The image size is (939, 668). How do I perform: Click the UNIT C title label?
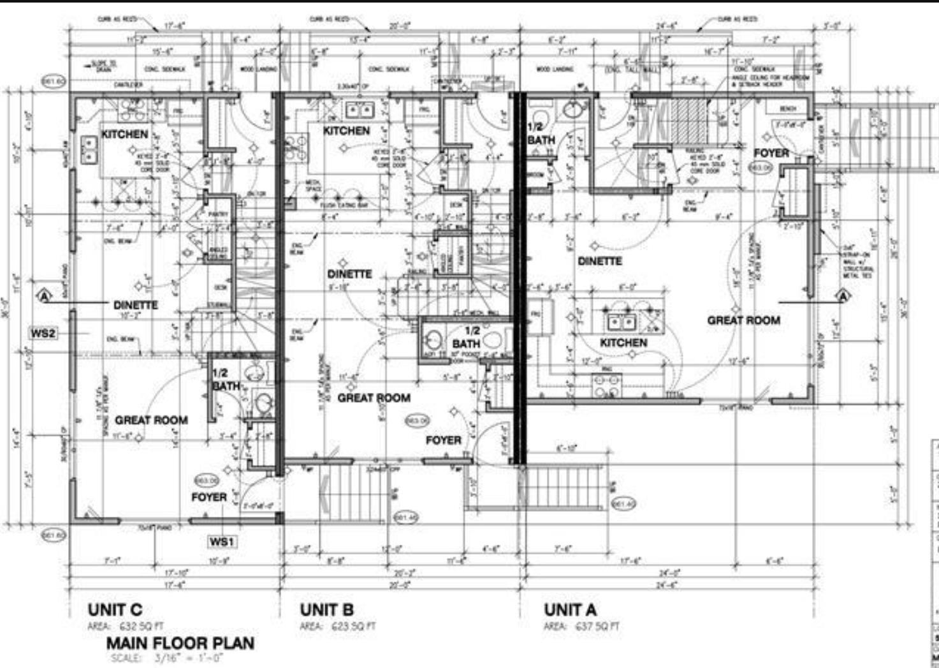(x=115, y=610)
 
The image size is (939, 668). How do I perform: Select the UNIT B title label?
(x=326, y=610)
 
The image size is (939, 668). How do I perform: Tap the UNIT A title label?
(x=570, y=610)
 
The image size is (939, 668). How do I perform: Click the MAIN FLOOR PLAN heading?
(x=180, y=643)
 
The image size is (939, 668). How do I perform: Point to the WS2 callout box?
(x=44, y=333)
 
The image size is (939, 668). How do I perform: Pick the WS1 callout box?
(x=222, y=542)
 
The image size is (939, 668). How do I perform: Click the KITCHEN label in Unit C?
(x=125, y=134)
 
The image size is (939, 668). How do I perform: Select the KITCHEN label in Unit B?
(x=346, y=130)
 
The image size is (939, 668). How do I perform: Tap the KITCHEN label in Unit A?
(x=623, y=343)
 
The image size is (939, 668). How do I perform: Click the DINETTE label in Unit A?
(x=600, y=261)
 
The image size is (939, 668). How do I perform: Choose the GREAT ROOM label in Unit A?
(x=743, y=320)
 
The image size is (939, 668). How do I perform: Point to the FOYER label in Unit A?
(x=771, y=153)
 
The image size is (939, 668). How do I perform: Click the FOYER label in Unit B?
(x=444, y=440)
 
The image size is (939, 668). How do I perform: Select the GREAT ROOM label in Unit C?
(x=151, y=420)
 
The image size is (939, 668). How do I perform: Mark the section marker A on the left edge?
(x=45, y=296)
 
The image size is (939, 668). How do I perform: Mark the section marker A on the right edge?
(x=843, y=296)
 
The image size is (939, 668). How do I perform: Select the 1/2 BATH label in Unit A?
(x=541, y=133)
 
